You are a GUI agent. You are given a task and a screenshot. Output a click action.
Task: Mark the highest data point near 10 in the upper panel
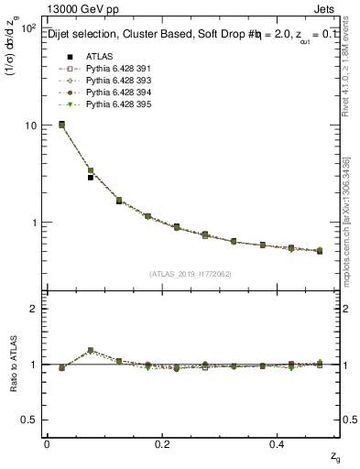point(61,125)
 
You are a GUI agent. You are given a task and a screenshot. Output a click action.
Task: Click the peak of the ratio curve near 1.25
point(91,350)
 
